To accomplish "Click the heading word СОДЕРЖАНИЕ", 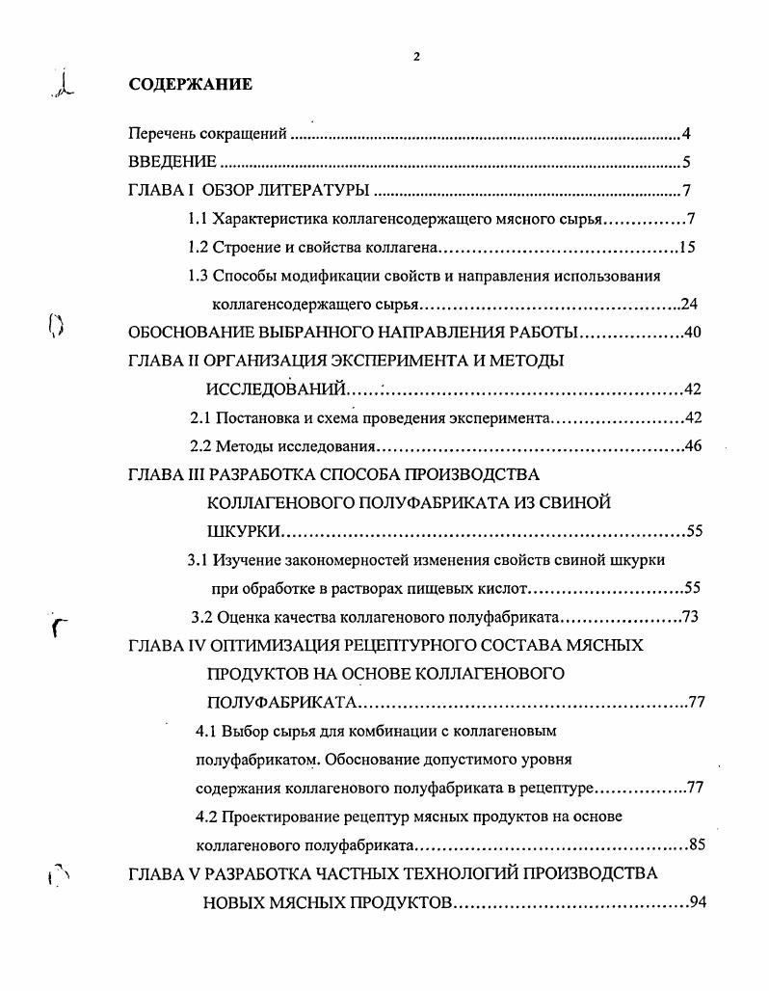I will click(x=190, y=85).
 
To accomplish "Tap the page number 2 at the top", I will click(x=415, y=56).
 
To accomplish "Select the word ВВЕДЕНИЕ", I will click(x=172, y=162).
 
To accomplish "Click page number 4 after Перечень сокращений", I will click(x=686, y=134).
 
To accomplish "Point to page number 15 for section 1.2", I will click(x=687, y=248).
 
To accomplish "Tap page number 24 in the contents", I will click(x=689, y=305).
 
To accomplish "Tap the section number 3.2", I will click(x=205, y=618).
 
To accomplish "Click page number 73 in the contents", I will click(x=689, y=618).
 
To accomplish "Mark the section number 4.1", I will click(x=206, y=732).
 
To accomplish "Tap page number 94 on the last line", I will click(x=700, y=903).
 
